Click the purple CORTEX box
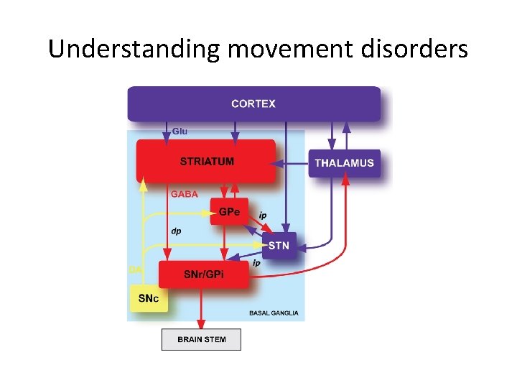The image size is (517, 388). click(253, 103)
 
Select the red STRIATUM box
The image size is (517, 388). click(206, 161)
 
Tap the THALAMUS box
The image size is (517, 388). click(344, 163)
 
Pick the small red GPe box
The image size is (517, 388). click(229, 211)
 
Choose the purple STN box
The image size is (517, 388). click(279, 245)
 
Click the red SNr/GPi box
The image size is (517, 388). click(203, 274)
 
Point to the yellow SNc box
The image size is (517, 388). click(149, 298)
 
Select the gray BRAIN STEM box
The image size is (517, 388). click(201, 339)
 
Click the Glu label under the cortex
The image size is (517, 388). click(180, 131)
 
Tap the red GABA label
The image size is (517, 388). click(184, 194)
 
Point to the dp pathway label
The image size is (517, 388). click(176, 231)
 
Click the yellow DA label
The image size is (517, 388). click(134, 269)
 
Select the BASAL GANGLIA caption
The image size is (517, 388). click(274, 313)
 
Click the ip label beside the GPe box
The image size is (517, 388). click(263, 215)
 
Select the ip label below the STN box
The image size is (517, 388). click(256, 264)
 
